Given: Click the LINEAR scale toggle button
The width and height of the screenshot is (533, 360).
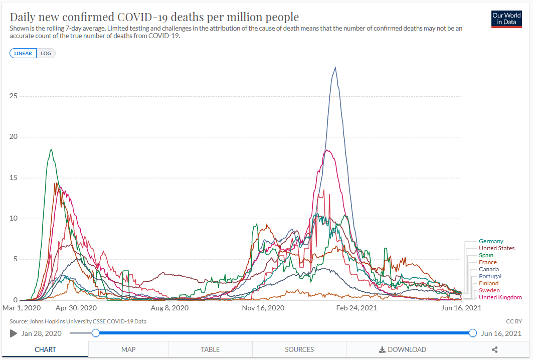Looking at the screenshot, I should (x=23, y=53).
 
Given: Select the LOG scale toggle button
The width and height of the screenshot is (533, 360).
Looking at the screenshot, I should (x=46, y=53).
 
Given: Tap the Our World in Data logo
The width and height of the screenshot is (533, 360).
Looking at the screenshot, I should (x=506, y=19).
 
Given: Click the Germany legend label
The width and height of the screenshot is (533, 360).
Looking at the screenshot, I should (x=491, y=241).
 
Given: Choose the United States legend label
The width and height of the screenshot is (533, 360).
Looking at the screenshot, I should (x=496, y=248).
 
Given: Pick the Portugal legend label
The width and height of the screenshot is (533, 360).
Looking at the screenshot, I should (x=490, y=276).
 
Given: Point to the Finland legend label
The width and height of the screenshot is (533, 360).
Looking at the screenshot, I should (x=488, y=283).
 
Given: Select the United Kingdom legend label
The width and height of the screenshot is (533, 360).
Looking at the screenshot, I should (x=500, y=297).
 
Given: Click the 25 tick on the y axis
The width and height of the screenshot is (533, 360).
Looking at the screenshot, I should (x=14, y=96).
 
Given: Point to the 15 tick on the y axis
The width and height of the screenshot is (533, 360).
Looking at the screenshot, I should (x=14, y=177).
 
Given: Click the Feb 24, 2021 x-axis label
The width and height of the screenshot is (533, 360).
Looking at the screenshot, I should (x=356, y=308).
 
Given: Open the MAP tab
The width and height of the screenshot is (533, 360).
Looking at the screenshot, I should (x=128, y=349).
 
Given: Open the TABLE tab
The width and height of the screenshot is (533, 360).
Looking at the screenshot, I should (x=210, y=349).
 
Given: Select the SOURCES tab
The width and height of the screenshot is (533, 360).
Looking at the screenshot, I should (x=299, y=349).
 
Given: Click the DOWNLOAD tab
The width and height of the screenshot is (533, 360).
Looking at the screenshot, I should (x=402, y=349).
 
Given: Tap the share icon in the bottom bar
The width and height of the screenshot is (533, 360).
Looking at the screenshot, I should (x=494, y=349).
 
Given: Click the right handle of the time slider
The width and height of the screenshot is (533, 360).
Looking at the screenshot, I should (x=473, y=333).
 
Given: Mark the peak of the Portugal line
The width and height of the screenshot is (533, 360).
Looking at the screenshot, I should (x=335, y=68).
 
